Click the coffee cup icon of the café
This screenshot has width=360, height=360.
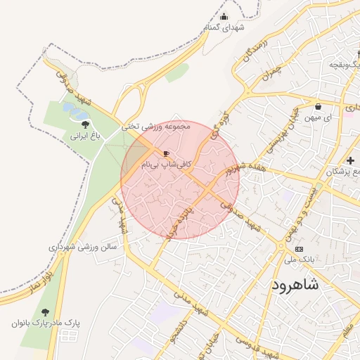[166, 153]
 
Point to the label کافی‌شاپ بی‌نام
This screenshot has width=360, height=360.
[166, 164]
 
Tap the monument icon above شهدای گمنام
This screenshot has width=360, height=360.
[224, 17]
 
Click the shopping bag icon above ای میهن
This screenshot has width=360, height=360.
[319, 107]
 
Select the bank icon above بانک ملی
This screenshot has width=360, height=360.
[300, 249]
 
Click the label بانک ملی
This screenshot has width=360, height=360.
[300, 260]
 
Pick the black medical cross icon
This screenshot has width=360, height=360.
[350, 161]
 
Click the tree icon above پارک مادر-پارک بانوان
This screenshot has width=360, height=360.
[46, 311]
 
